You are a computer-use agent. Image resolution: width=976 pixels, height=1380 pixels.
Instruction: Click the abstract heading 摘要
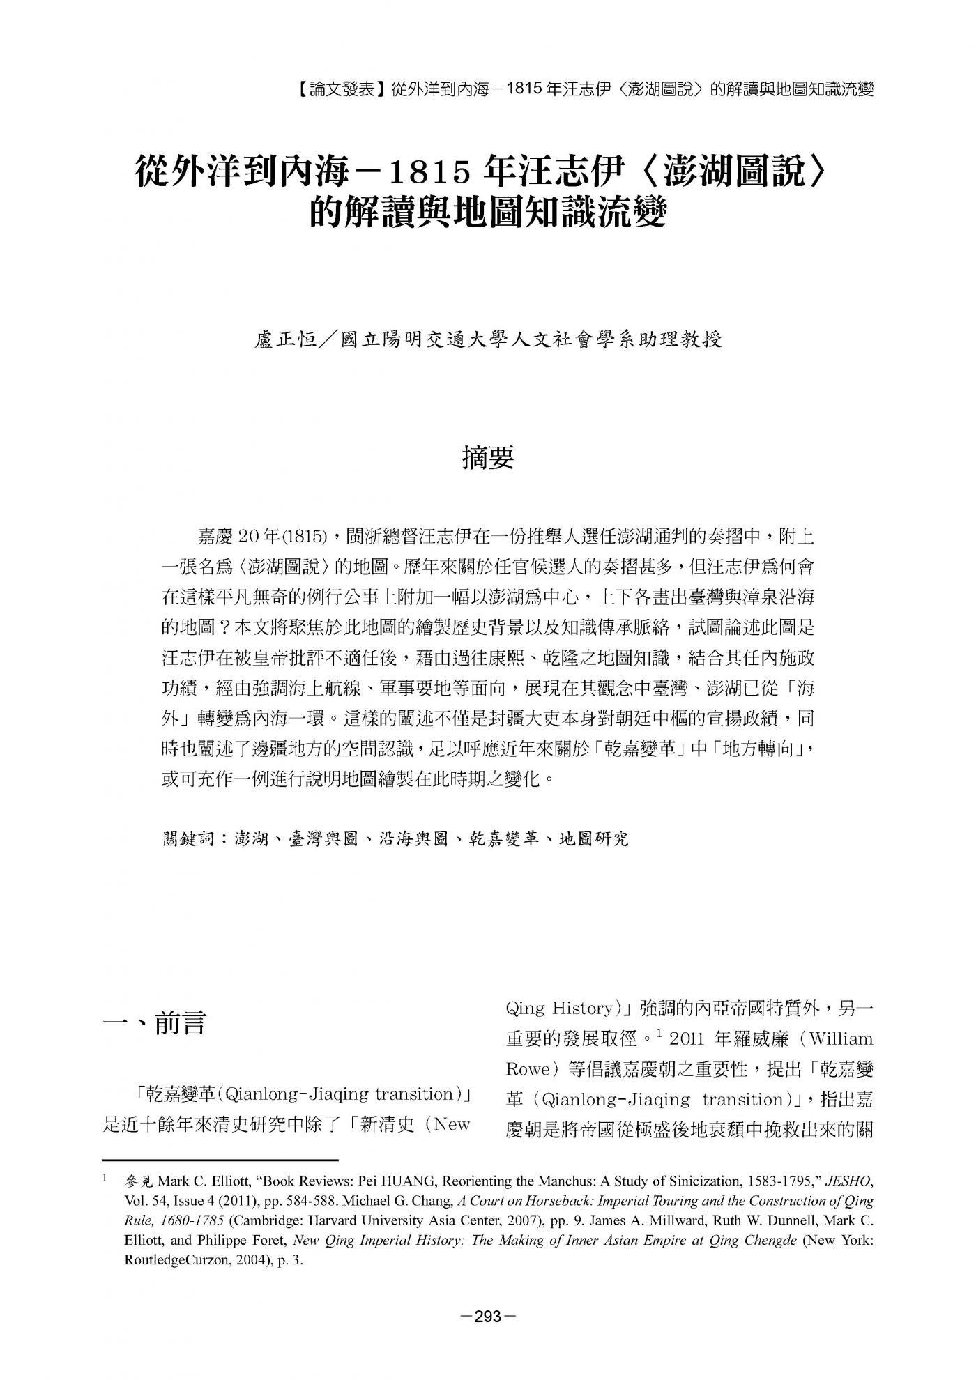pyautogui.click(x=488, y=458)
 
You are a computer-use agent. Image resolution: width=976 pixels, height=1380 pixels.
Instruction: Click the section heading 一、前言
pyautogui.click(x=154, y=1024)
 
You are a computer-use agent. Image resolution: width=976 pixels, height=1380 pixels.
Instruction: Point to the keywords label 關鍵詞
pyautogui.click(x=189, y=838)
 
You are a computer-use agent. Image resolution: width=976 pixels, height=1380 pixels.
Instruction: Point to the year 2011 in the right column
pyautogui.click(x=687, y=1039)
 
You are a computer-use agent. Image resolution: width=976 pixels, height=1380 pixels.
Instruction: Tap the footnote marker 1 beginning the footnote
pyautogui.click(x=105, y=1179)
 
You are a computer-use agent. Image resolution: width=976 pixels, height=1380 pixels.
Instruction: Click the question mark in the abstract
pyautogui.click(x=224, y=628)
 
